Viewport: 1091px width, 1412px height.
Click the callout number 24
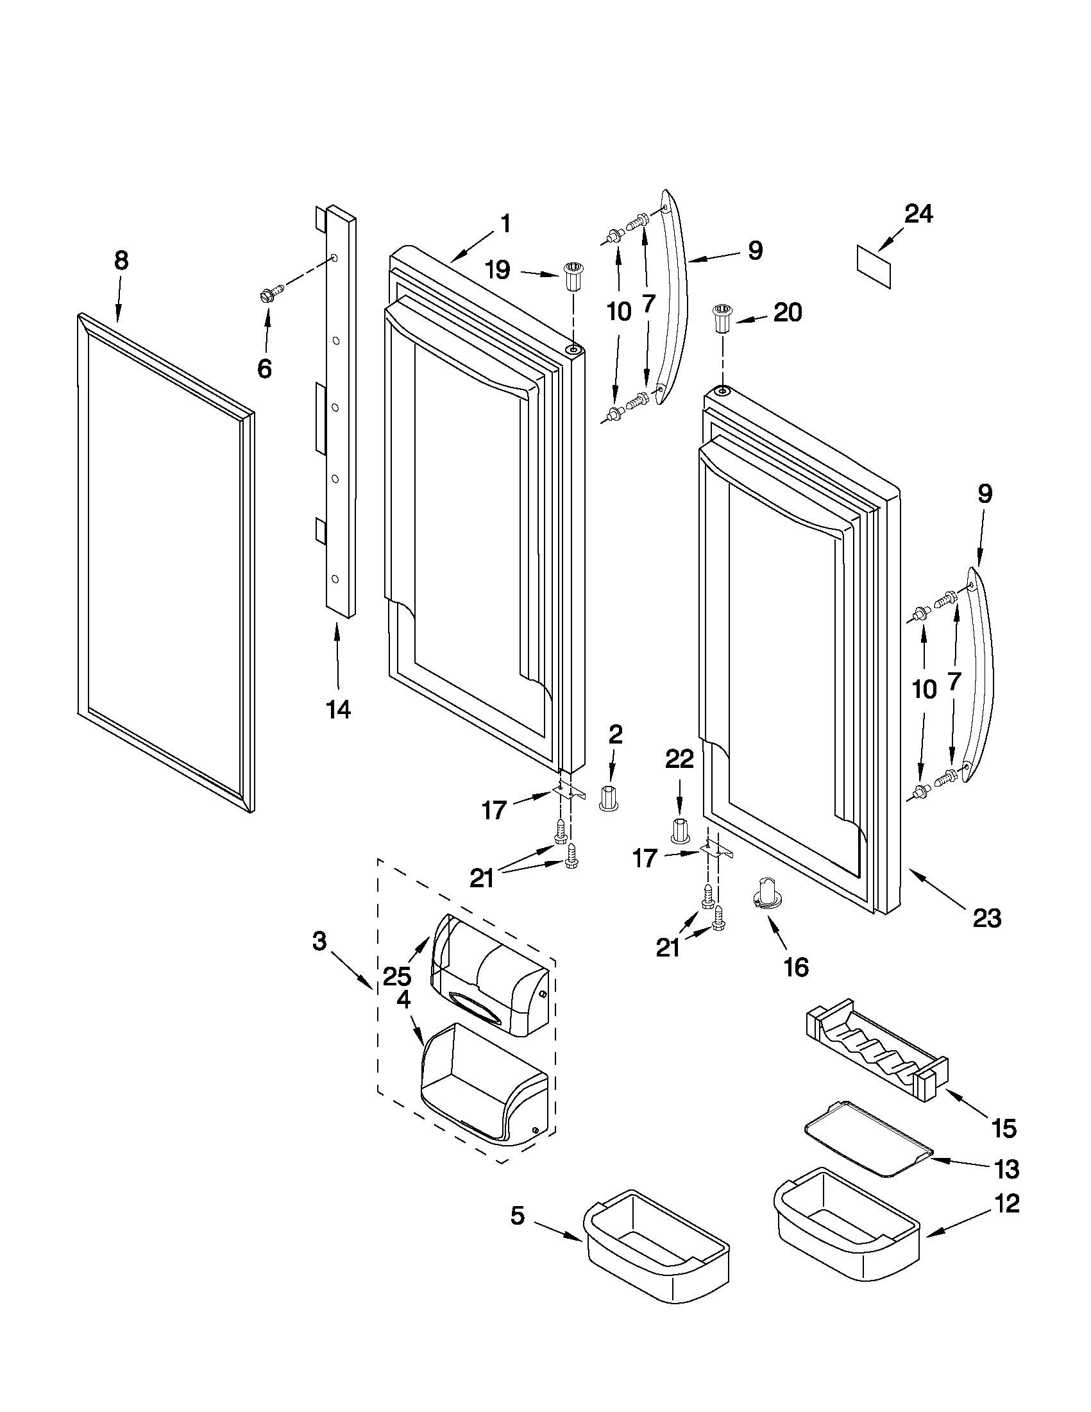point(918,214)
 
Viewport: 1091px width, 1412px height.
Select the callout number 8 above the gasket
point(121,260)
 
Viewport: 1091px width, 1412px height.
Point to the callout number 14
point(338,710)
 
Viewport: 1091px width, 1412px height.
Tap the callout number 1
point(505,225)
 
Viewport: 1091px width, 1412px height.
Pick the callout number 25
point(396,976)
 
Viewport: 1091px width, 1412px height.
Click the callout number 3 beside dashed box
point(319,942)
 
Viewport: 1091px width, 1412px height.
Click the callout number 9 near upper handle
point(755,250)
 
